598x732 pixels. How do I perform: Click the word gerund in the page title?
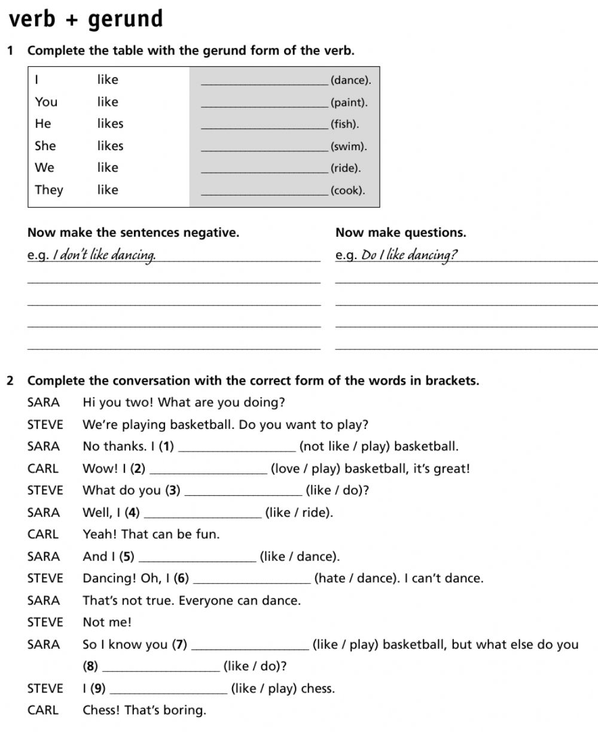coord(126,20)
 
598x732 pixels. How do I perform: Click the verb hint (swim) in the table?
coord(349,147)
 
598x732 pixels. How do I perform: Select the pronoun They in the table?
coord(49,190)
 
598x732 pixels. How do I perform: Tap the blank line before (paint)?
coord(265,105)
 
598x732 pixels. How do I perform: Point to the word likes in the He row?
coord(110,124)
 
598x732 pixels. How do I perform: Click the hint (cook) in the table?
coord(347,191)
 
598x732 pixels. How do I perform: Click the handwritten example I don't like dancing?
coord(105,256)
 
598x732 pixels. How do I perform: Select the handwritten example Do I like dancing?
coord(410,256)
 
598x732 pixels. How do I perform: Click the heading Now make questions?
coord(401,233)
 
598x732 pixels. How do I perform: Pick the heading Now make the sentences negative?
coord(133,233)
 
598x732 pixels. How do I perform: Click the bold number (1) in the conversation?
coord(167,447)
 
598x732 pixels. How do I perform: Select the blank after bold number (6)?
coord(252,581)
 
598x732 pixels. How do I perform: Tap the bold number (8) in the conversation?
coord(90,666)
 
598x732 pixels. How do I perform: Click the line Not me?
coord(107,623)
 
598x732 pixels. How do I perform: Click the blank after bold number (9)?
coord(169,691)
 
